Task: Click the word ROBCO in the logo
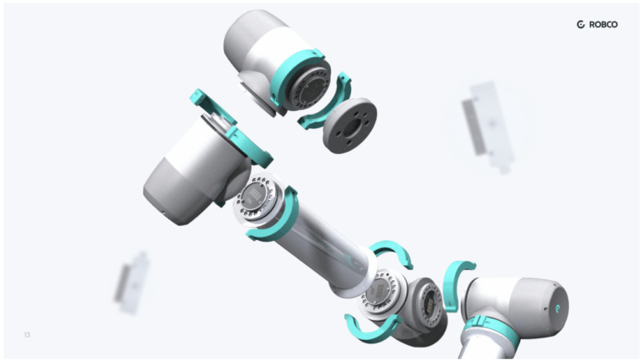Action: pos(603,25)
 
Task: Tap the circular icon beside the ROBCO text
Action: pos(582,25)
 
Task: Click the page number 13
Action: pos(27,335)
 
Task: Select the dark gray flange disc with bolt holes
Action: pos(349,124)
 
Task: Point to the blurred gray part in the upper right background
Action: pos(488,125)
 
